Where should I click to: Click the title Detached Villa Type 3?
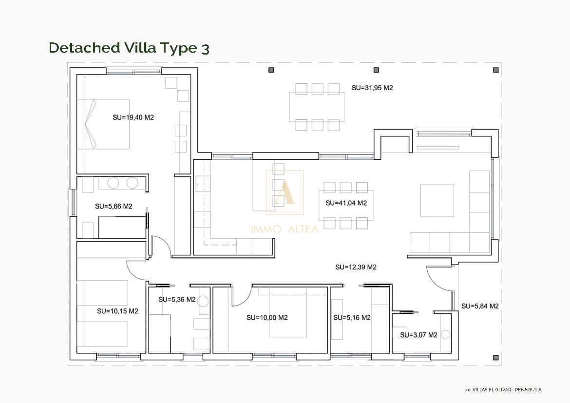pos(129,48)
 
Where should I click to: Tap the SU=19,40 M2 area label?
pos(133,117)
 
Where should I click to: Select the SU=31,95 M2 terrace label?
pos(372,88)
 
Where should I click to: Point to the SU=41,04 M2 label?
pos(346,203)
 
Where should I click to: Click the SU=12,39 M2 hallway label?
pos(356,267)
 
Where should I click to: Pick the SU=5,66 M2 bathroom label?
pos(114,206)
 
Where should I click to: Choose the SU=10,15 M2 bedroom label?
pos(117,311)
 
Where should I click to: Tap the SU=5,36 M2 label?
pos(177,299)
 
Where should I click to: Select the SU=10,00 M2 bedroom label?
pos(267,317)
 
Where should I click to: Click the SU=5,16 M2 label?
pos(352,317)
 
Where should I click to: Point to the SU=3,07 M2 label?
pos(418,335)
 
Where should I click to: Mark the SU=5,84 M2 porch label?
pos(480,306)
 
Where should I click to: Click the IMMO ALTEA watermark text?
pos(285,229)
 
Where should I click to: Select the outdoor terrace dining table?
pos(317,107)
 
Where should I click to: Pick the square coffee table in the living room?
pos(437,200)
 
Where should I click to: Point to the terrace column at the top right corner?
pos(495,70)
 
